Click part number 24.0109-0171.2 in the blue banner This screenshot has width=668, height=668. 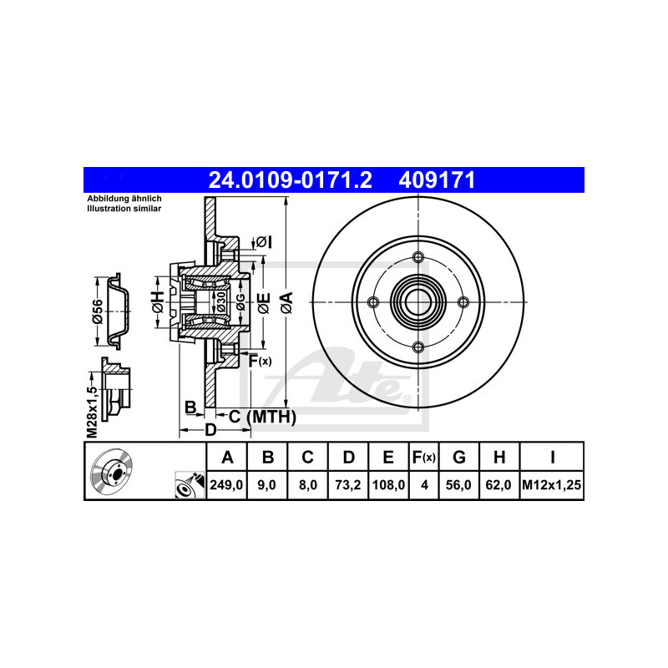coord(290,180)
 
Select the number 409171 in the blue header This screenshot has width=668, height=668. coord(437,180)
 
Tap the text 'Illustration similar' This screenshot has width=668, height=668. coord(124,209)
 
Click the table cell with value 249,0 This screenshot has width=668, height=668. coord(226,485)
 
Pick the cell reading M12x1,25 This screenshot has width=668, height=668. coord(552,485)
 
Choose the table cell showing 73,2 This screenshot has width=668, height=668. coord(348,485)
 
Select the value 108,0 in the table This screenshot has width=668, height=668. coord(388,485)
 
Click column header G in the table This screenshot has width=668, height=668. coord(458,457)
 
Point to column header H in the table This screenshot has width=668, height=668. coord(499,457)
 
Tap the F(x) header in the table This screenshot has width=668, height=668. coord(424,457)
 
